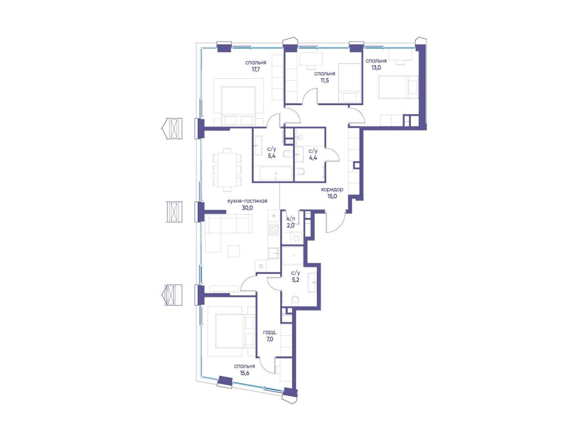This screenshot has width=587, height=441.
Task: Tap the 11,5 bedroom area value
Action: tap(325, 81)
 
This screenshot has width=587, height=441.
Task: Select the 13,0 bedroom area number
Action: tap(376, 67)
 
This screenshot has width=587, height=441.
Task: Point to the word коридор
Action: tap(332, 190)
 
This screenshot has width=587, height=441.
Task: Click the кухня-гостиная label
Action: tap(248, 201)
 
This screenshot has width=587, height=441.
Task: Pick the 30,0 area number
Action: tap(248, 208)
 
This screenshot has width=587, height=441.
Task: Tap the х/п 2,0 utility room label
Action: tap(291, 222)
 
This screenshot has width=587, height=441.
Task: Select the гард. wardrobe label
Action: tap(270, 333)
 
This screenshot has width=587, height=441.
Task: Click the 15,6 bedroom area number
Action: tap(245, 373)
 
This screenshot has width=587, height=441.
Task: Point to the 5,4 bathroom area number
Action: tap(271, 156)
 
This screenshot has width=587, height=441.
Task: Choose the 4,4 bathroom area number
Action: tap(313, 158)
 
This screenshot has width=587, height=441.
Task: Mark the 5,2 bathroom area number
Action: tap(295, 280)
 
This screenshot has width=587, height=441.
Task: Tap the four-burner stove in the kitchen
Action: tap(273, 230)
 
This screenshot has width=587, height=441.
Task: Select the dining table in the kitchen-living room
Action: tap(227, 170)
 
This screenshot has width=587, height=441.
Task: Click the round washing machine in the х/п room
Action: tap(295, 239)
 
